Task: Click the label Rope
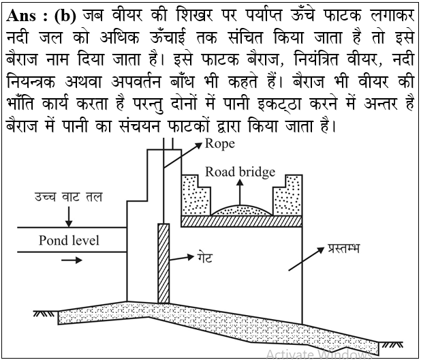219,145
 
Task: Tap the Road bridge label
240,172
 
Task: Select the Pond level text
69,241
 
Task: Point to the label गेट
205,257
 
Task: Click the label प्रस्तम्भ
343,248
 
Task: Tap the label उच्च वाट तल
69,197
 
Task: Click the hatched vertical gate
163,263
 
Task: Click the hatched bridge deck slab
241,221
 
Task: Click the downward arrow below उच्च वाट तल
69,217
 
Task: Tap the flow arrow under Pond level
72,260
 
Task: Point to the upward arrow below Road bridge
240,192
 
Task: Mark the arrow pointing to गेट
181,258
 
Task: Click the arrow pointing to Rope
183,155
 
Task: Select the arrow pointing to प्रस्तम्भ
307,259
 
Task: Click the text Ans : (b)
41,16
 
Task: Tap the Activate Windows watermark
319,354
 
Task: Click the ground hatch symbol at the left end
44,314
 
